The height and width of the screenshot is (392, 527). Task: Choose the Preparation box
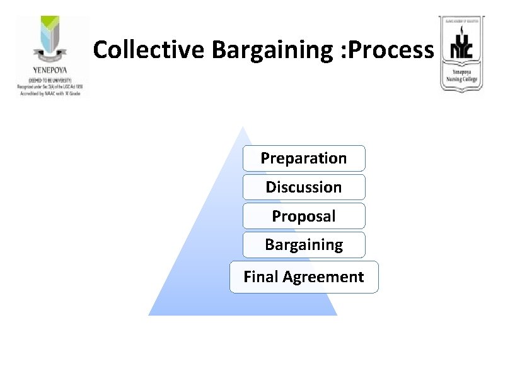point(304,158)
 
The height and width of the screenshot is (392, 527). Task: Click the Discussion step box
point(304,187)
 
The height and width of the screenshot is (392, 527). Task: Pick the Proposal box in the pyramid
point(304,216)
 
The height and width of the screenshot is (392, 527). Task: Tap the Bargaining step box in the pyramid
point(304,244)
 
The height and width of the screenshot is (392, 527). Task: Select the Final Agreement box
point(304,277)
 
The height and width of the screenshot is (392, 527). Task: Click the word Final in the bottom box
point(260,277)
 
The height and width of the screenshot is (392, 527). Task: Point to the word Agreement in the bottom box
point(323,277)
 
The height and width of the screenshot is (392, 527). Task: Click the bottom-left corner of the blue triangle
point(149,314)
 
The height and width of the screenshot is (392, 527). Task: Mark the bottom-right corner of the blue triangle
point(336,314)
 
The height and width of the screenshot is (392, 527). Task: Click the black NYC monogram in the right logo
point(461,50)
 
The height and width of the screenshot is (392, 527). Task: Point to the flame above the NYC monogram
point(462,30)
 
